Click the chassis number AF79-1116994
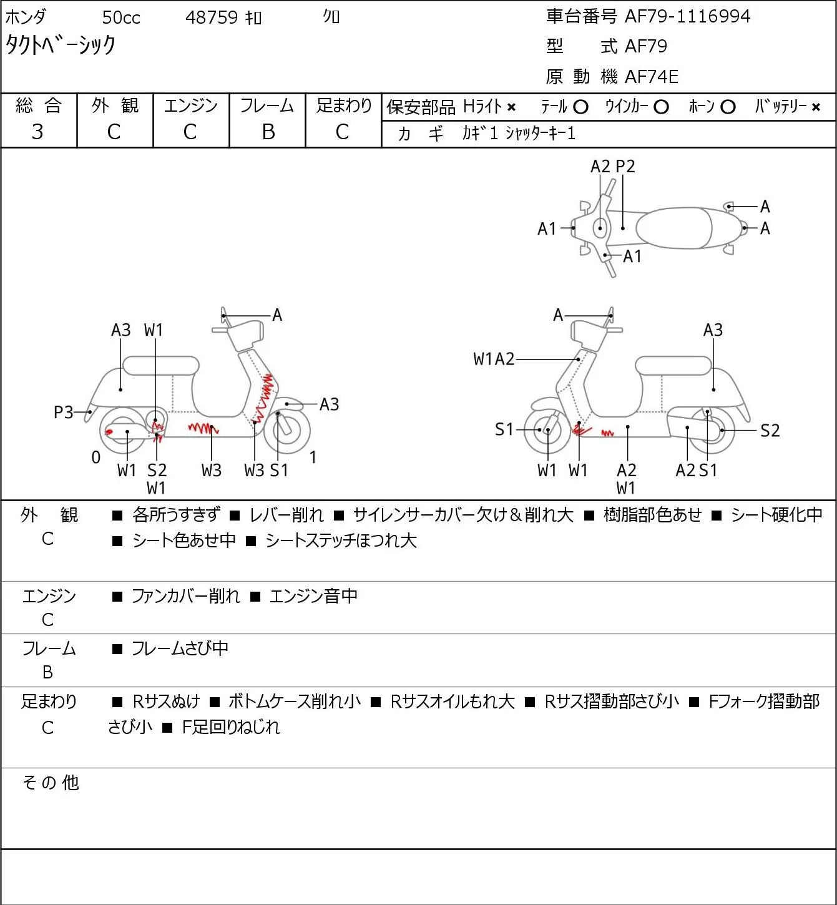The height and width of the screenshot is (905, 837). tap(687, 17)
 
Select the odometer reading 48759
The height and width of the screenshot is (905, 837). tap(212, 17)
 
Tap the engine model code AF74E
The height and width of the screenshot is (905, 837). tap(652, 77)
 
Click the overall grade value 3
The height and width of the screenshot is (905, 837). tap(38, 132)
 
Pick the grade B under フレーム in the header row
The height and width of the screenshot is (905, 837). tap(268, 132)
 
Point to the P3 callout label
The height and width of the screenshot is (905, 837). tap(64, 412)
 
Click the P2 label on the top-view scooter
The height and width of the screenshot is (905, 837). tap(625, 167)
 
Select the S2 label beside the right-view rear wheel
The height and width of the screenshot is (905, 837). tap(770, 430)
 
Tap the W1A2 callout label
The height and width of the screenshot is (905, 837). tap(494, 359)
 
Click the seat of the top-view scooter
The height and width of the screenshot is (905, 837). tap(674, 228)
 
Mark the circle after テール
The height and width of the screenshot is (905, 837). tap(580, 107)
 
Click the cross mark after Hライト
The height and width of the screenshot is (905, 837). tap(512, 107)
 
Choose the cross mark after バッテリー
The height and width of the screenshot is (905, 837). tap(816, 107)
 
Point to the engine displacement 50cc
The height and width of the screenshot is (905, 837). tap(121, 17)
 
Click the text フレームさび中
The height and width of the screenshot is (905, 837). tap(180, 648)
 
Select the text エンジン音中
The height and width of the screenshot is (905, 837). tap(313, 595)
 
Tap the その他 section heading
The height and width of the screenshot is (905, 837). tap(51, 782)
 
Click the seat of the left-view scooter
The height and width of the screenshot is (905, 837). tap(161, 366)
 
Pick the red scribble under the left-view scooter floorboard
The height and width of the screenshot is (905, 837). tap(203, 428)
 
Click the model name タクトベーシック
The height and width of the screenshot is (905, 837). tap(60, 45)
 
